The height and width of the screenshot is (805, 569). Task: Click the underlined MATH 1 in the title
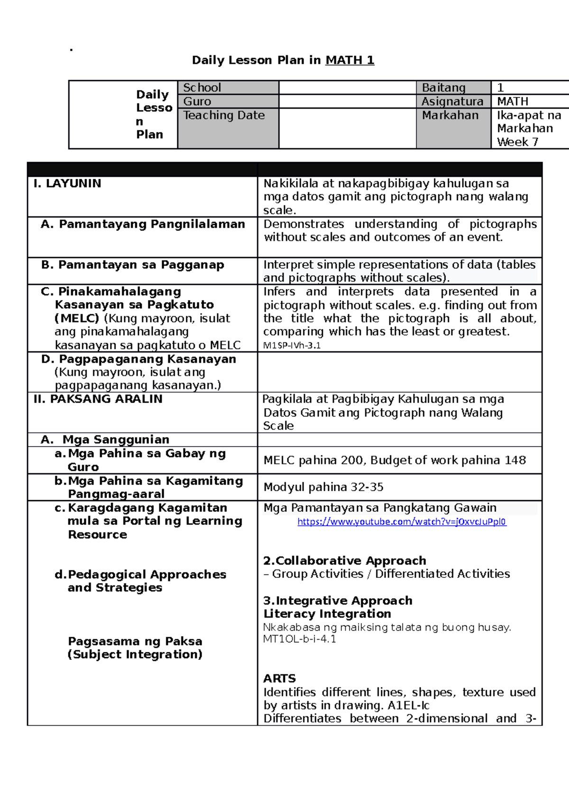click(x=349, y=60)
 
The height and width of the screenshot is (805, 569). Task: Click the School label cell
click(x=202, y=88)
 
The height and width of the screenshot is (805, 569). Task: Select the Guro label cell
click(x=197, y=101)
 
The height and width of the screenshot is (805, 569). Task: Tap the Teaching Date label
click(x=224, y=115)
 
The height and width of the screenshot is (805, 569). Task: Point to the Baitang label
click(x=443, y=88)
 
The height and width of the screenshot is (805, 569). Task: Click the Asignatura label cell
click(x=452, y=101)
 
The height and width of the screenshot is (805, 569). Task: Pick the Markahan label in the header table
click(x=450, y=115)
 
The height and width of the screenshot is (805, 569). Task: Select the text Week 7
click(x=517, y=142)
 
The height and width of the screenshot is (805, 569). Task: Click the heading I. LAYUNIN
click(x=67, y=183)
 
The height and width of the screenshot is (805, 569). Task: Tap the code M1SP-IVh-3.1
click(x=292, y=346)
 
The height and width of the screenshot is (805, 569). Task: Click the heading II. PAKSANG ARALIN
click(x=98, y=399)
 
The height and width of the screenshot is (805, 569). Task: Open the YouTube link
click(x=402, y=521)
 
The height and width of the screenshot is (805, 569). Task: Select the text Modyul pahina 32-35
click(x=323, y=487)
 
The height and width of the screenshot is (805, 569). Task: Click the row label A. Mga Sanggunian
click(x=105, y=439)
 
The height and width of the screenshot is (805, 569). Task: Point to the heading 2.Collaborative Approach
click(x=345, y=560)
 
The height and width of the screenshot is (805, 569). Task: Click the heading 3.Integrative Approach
click(x=338, y=600)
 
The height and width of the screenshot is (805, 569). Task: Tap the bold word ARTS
click(x=279, y=678)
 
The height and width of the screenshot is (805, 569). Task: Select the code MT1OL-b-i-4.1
click(x=299, y=639)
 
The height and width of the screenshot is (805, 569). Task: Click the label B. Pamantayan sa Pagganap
click(x=133, y=265)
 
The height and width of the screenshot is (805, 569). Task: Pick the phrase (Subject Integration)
click(x=135, y=654)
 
